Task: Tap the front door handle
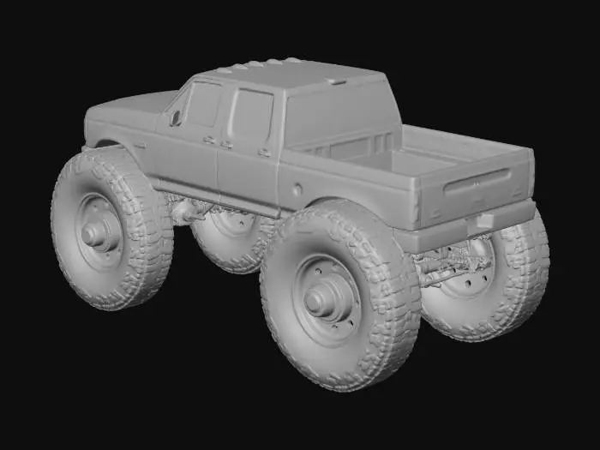click(x=208, y=139)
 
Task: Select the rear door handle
click(x=264, y=152)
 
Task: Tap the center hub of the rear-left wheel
click(x=324, y=298)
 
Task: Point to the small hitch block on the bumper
click(x=484, y=220)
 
